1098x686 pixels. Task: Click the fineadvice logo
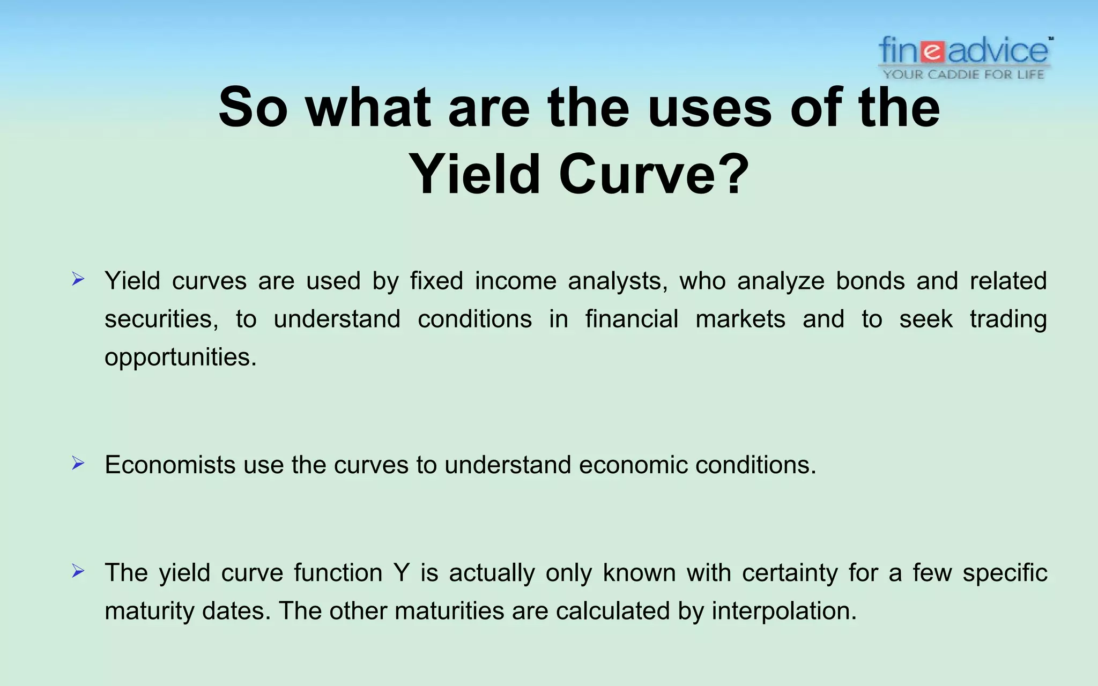[963, 51]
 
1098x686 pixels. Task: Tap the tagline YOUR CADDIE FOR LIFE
[963, 74]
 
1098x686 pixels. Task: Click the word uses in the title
[710, 108]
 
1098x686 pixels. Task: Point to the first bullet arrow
[78, 279]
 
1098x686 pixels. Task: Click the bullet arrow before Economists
[78, 463]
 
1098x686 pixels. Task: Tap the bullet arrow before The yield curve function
[78, 571]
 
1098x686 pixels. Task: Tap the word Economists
[170, 465]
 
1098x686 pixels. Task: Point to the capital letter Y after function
[401, 573]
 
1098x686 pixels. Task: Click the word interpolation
[784, 612]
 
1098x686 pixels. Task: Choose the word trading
[1008, 319]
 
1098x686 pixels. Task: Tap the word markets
[740, 319]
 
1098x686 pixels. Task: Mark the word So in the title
[253, 108]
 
